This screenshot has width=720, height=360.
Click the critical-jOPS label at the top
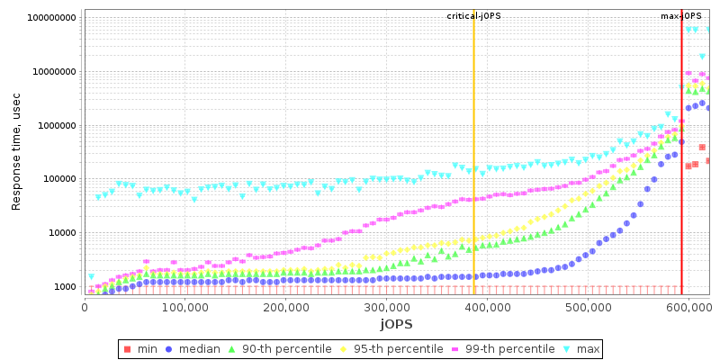473,16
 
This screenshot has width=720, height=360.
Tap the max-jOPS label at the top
681,16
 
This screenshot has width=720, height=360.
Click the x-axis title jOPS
396,323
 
